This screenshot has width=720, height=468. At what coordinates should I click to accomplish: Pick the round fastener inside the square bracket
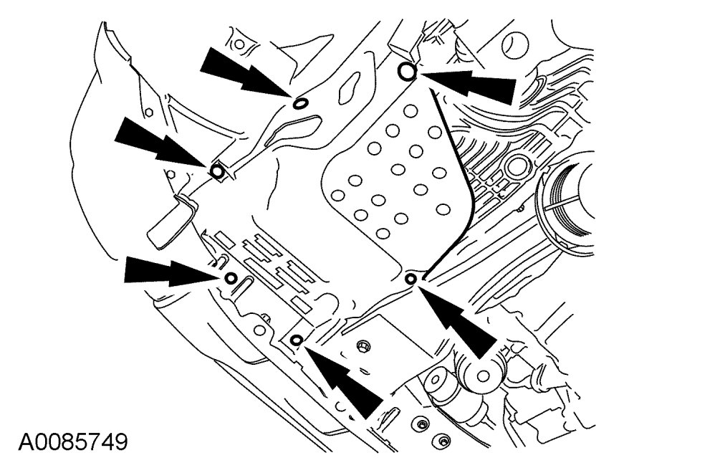tap(217, 171)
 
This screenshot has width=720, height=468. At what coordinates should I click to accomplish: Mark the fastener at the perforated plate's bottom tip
tap(411, 278)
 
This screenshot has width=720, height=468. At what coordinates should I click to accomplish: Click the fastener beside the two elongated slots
tap(231, 277)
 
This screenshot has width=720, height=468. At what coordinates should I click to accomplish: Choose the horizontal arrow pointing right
tap(168, 271)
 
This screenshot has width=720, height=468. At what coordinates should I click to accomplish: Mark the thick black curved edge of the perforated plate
tap(459, 179)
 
